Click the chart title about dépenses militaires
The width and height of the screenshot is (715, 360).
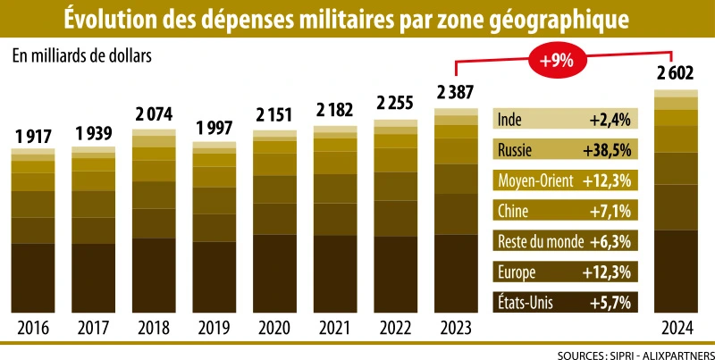tap(357, 18)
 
